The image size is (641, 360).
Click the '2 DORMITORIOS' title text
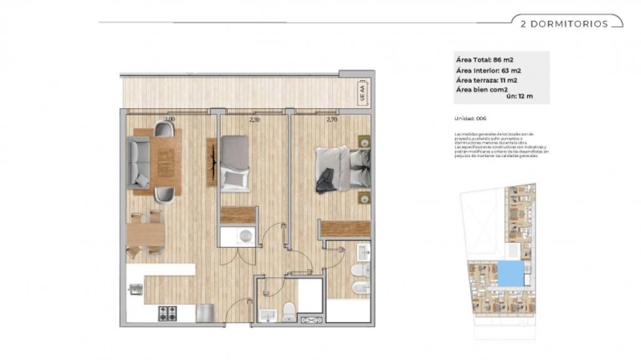pyautogui.click(x=564, y=24)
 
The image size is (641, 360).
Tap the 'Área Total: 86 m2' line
pyautogui.click(x=485, y=60)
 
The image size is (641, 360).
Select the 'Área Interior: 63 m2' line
pyautogui.click(x=489, y=70)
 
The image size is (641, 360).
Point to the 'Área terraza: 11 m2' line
pyautogui.click(x=486, y=80)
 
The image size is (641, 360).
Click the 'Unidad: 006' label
pyautogui.click(x=471, y=118)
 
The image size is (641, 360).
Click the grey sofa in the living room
pyautogui.click(x=139, y=163)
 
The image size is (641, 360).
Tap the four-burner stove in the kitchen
pyautogui.click(x=167, y=313)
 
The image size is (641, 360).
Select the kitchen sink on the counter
pyautogui.click(x=136, y=289)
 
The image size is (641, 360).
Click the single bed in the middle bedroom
pyautogui.click(x=235, y=164)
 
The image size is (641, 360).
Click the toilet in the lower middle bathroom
pyautogui.click(x=289, y=311)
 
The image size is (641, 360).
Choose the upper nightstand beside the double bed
pyautogui.click(x=364, y=141)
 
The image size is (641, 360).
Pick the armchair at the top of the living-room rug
pyautogui.click(x=164, y=130)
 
